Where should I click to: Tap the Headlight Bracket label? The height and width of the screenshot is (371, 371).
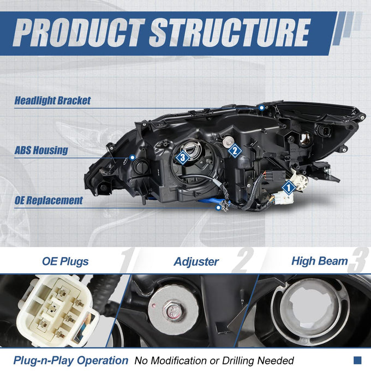[x=52, y=100]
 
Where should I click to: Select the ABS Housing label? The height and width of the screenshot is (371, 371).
[x=41, y=151]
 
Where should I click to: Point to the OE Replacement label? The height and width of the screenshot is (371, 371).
[x=49, y=200]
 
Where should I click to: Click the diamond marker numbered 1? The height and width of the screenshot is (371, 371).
[x=289, y=188]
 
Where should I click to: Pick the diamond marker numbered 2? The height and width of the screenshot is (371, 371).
[x=235, y=151]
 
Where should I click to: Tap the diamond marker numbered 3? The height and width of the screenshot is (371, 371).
[x=182, y=157]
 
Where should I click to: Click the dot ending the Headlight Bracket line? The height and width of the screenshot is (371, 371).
[x=261, y=108]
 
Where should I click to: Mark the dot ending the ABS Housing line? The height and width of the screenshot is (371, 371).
[x=133, y=157]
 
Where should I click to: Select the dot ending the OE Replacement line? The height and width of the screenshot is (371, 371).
[x=218, y=207]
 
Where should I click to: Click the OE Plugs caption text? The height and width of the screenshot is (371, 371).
[x=65, y=262]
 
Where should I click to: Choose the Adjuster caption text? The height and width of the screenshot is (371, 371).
[x=196, y=262]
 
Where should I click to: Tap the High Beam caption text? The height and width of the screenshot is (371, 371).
[x=320, y=261]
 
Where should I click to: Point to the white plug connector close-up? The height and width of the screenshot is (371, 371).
[x=58, y=310]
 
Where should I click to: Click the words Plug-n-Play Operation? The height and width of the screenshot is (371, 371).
[x=71, y=361]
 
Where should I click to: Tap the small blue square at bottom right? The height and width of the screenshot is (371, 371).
[x=357, y=360]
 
